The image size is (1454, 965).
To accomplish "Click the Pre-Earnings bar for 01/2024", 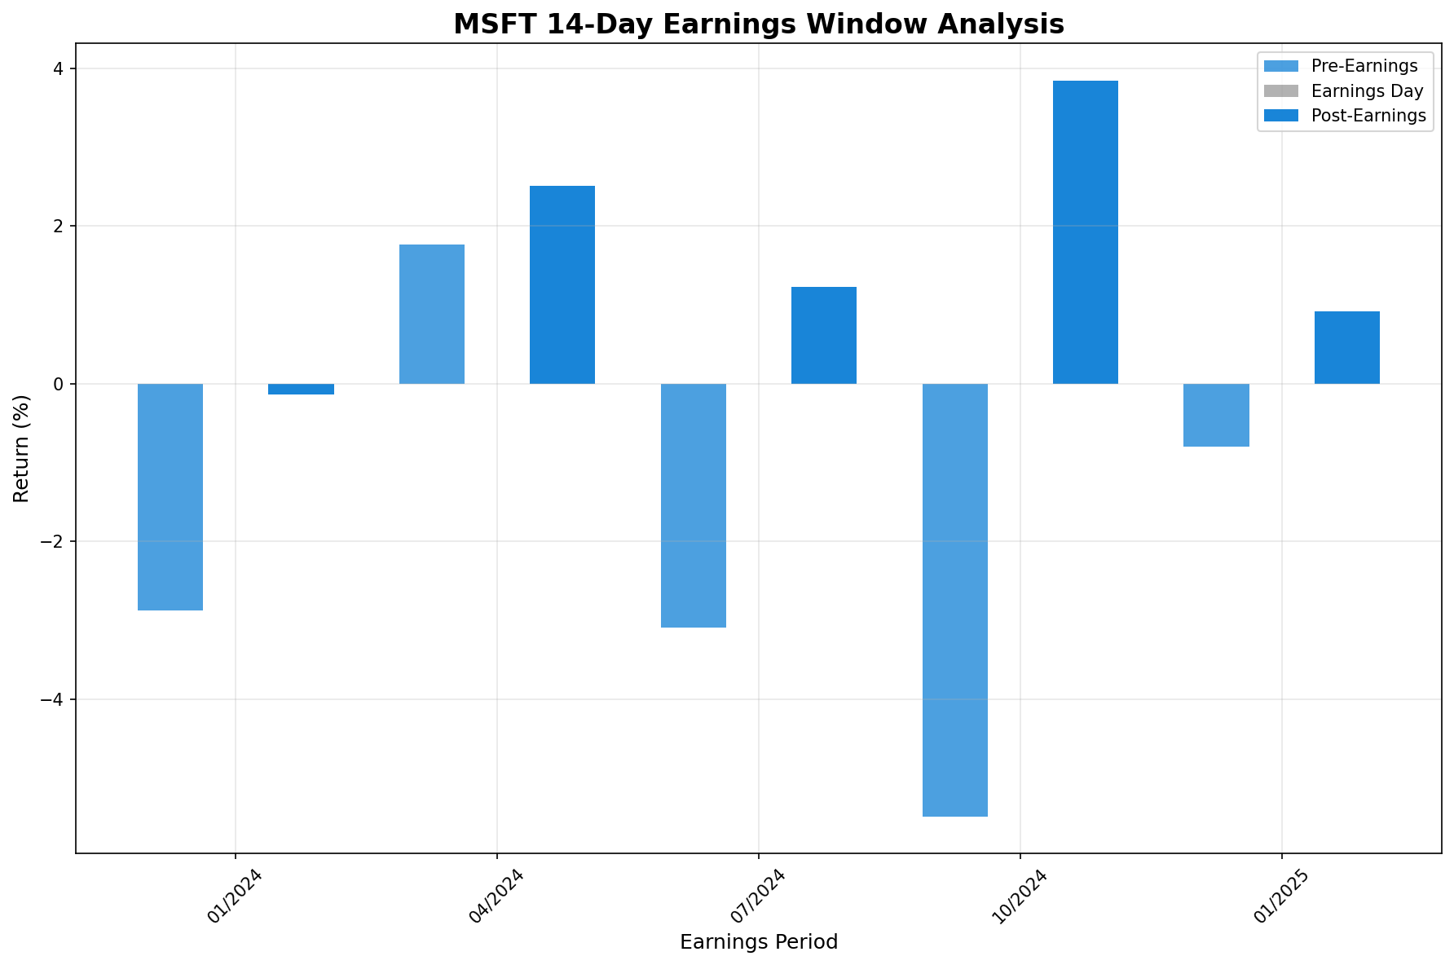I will click(x=170, y=496).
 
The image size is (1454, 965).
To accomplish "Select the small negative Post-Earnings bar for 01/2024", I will click(x=301, y=389).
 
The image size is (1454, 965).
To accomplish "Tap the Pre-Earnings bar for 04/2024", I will click(x=432, y=314).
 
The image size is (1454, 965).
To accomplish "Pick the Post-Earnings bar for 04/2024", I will click(x=562, y=284).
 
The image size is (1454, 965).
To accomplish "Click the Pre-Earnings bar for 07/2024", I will click(x=694, y=505).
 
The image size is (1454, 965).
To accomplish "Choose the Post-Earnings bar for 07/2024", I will click(x=824, y=335).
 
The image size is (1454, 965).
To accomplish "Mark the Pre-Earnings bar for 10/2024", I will click(x=955, y=599).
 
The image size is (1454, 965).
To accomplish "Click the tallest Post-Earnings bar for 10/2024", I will click(x=1086, y=232).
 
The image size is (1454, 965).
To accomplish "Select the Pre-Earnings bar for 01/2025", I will click(x=1216, y=415).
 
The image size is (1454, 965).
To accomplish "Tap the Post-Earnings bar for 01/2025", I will click(x=1347, y=347).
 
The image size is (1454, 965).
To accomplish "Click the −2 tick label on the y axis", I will click(x=55, y=541).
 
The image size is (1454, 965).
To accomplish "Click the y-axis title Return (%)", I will click(x=22, y=448).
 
